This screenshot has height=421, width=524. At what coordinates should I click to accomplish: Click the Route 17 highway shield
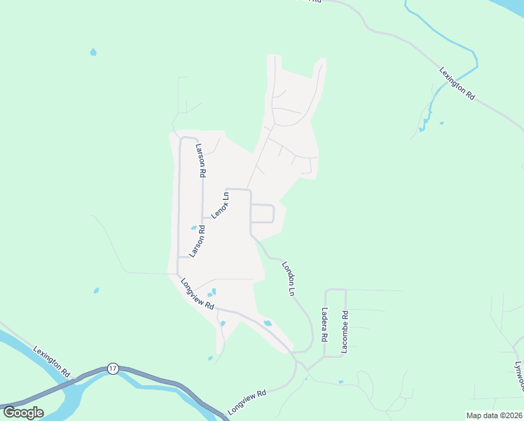click(x=112, y=368)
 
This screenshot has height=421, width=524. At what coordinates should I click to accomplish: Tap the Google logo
click(x=23, y=412)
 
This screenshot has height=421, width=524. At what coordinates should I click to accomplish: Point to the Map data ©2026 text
click(x=494, y=415)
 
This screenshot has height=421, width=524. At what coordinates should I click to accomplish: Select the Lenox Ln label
click(x=221, y=205)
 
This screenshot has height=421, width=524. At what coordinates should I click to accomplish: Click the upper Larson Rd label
click(x=200, y=160)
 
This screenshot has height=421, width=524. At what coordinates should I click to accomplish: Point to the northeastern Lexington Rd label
click(x=457, y=84)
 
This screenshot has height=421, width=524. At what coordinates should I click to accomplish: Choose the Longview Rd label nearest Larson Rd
click(x=196, y=293)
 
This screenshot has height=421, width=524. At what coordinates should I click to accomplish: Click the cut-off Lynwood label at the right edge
click(x=519, y=375)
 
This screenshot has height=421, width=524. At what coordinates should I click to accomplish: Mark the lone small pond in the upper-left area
click(x=93, y=52)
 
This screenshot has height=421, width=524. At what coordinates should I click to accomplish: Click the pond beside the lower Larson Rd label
click(x=193, y=227)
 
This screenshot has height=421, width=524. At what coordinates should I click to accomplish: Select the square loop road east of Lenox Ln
click(x=262, y=213)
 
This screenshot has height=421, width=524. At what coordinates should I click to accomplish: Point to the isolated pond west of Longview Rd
click(x=96, y=290)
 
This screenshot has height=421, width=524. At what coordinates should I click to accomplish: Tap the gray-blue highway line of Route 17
click(x=161, y=380)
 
